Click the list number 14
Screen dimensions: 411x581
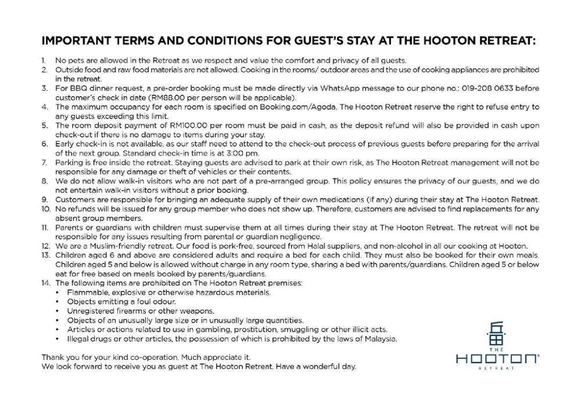pyautogui.click(x=46, y=283)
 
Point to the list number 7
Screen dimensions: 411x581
pyautogui.click(x=44, y=162)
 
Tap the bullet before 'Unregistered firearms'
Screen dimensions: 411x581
pyautogui.click(x=57, y=311)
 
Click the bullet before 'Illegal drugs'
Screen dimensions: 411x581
pyautogui.click(x=57, y=339)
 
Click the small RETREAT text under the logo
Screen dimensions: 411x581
pyautogui.click(x=497, y=369)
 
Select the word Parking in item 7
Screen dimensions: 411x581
pyautogui.click(x=69, y=162)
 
